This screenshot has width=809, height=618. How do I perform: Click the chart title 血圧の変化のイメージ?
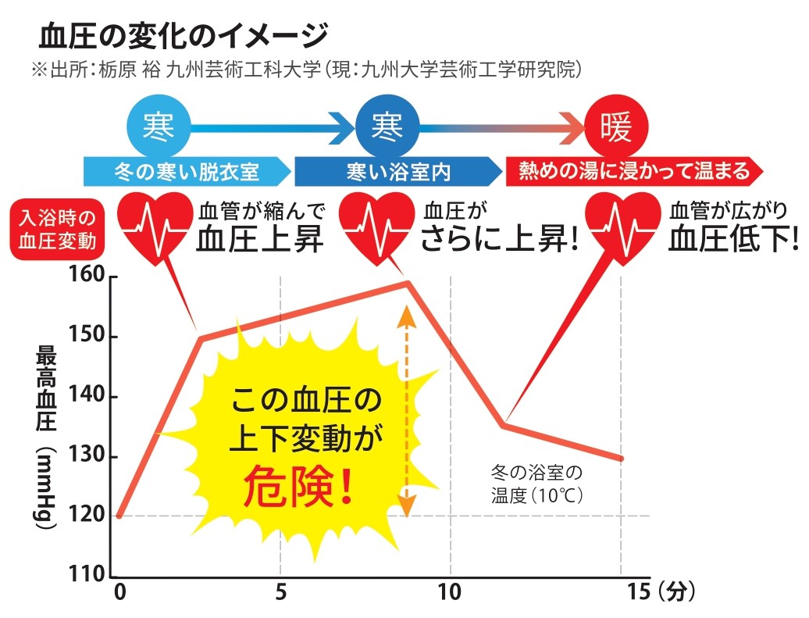(x=183, y=36)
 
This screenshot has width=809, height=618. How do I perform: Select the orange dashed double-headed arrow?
(x=406, y=411)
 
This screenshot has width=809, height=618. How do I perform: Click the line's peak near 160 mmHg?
(x=407, y=282)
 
